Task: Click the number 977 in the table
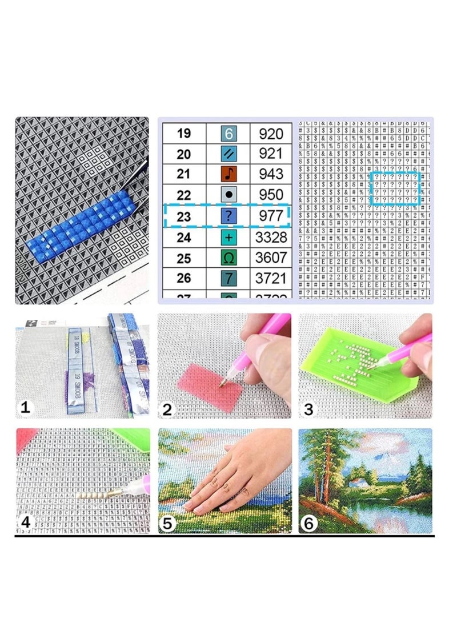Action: pyautogui.click(x=271, y=216)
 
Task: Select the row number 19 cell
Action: pyautogui.click(x=183, y=134)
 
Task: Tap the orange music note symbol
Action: pyautogui.click(x=228, y=174)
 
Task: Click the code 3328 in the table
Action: pyautogui.click(x=271, y=237)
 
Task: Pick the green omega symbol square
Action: pyautogui.click(x=228, y=258)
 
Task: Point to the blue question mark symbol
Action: pyautogui.click(x=228, y=216)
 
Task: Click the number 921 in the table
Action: pyautogui.click(x=271, y=153)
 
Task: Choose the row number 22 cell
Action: pyautogui.click(x=183, y=195)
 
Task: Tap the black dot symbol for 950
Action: pyautogui.click(x=228, y=195)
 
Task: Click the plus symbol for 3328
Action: pyautogui.click(x=228, y=237)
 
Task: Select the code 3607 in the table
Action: pyautogui.click(x=271, y=258)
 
